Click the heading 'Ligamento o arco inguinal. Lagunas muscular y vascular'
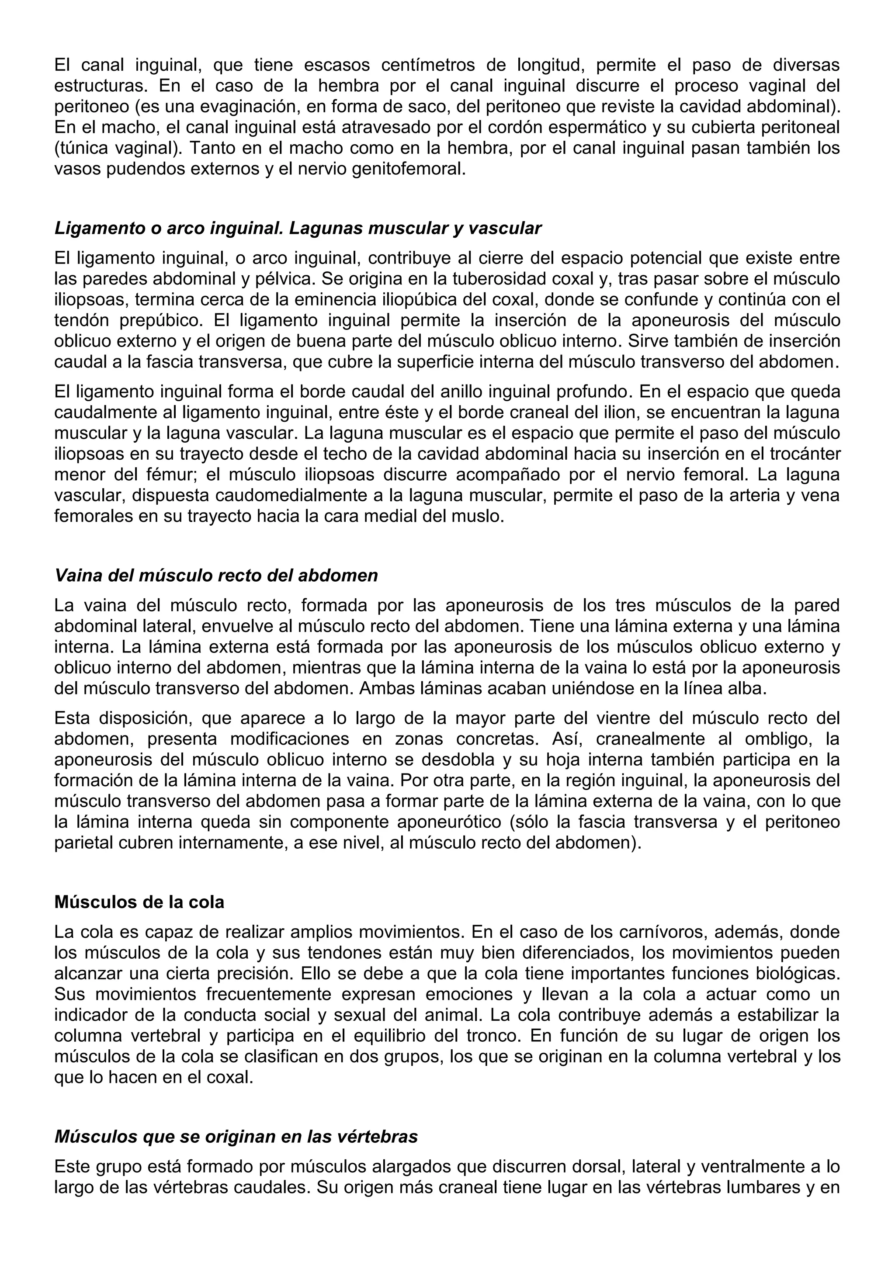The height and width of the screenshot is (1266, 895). [x=298, y=228]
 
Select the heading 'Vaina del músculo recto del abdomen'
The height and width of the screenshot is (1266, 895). [x=216, y=575]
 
